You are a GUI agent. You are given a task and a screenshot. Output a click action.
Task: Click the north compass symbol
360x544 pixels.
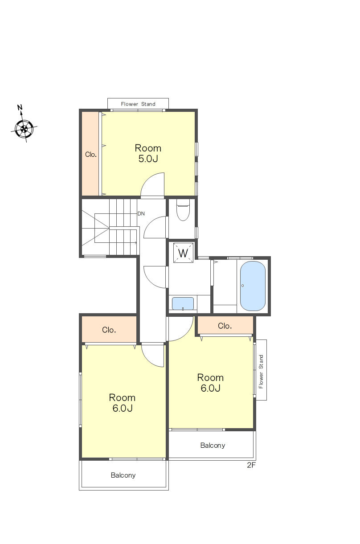24,129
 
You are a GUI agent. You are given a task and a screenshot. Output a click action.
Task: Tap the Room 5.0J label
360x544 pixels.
148,153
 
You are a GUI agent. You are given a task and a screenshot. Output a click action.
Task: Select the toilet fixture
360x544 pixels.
183,210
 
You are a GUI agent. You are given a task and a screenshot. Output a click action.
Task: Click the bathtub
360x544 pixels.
253,286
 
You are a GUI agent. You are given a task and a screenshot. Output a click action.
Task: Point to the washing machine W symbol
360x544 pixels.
183,253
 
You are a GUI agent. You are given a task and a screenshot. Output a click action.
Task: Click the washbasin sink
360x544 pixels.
183,303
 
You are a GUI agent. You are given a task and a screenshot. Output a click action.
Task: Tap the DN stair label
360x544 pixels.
141,214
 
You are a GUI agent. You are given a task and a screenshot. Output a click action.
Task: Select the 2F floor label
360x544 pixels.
251,465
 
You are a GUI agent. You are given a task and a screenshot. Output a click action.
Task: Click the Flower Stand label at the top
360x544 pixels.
138,104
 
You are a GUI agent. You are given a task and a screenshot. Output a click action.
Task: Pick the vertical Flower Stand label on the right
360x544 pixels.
261,372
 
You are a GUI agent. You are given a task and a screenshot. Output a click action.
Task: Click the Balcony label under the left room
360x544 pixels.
123,475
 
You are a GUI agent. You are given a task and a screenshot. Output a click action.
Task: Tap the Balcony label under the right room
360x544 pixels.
213,446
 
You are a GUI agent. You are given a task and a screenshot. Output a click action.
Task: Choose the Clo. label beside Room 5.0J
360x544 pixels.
91,155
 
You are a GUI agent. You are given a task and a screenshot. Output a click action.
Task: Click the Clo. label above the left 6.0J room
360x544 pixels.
109,330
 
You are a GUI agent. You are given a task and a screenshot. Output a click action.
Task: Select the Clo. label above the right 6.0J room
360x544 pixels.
225,326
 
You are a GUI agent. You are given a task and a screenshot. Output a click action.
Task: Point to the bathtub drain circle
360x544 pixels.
242,286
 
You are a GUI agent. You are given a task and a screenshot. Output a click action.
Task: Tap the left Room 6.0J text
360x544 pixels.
122,403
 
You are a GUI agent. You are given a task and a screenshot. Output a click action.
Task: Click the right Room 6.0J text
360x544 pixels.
210,383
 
